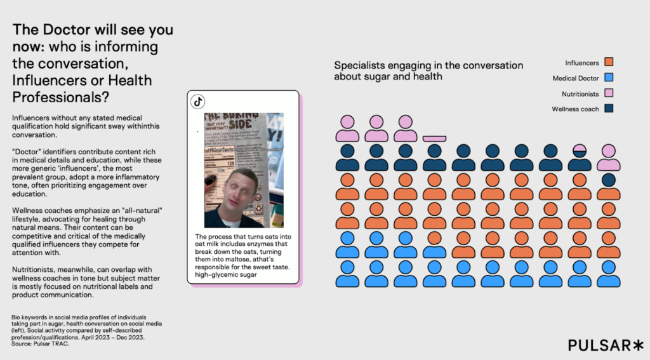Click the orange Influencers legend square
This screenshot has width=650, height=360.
tap(609, 62)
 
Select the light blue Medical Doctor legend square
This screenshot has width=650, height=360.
tap(609, 78)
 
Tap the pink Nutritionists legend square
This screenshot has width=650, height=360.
tap(609, 93)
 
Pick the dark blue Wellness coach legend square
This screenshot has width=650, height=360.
tap(609, 109)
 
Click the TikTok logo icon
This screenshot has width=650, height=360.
tap(198, 101)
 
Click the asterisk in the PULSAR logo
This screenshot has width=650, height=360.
tap(638, 345)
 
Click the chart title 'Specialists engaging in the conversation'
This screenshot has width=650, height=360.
tap(428, 65)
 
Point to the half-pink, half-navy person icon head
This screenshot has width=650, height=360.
tap(580, 150)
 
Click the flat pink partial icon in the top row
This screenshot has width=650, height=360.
tap(434, 138)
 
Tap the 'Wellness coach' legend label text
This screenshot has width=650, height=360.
tap(575, 109)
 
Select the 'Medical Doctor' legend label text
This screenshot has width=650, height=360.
tap(576, 78)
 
